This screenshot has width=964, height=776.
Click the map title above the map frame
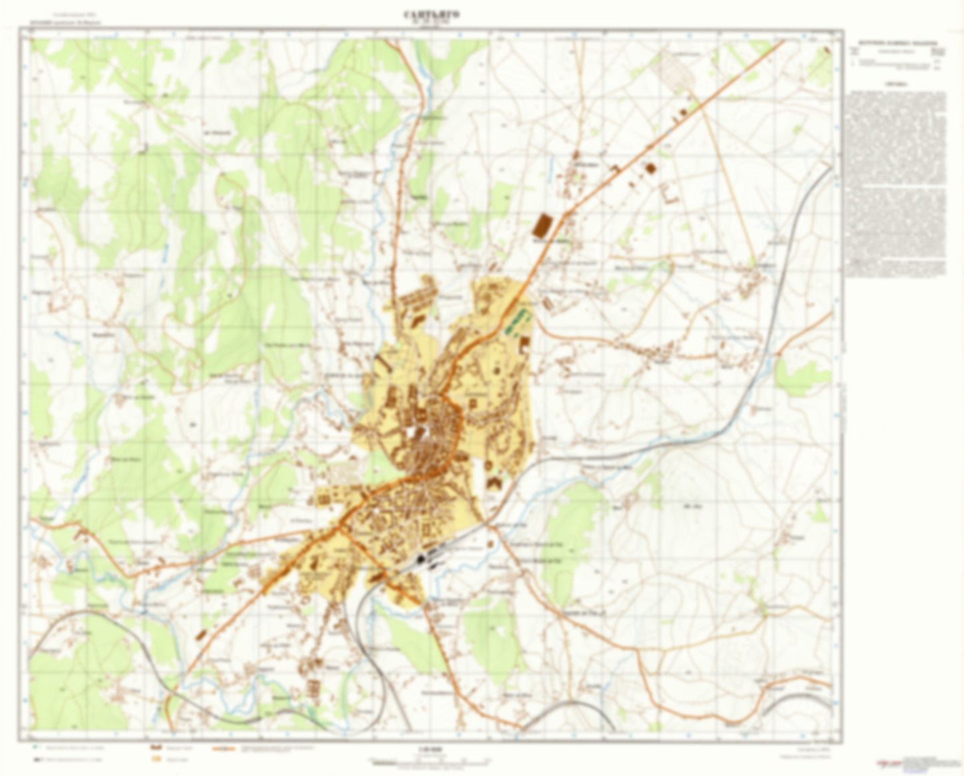tap(431, 14)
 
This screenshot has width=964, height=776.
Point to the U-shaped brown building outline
tap(670, 193)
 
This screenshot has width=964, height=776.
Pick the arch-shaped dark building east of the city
tap(494, 483)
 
